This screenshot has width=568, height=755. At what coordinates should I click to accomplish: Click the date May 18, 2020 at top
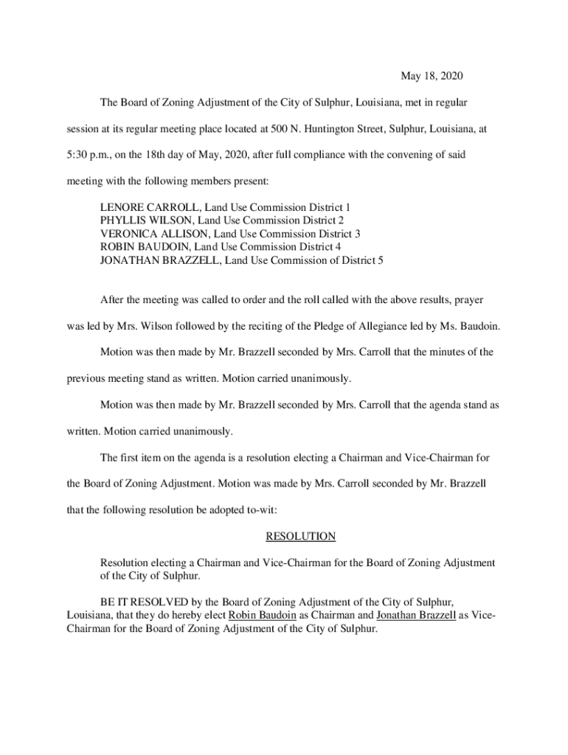coord(432,76)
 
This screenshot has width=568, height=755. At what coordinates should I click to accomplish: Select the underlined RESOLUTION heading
coord(300,536)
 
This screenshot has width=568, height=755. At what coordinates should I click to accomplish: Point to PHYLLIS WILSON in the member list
coord(139,220)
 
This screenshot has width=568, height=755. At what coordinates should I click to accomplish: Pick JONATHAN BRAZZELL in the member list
coord(153,260)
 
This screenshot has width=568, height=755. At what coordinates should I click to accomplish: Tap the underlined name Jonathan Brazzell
coord(415,616)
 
